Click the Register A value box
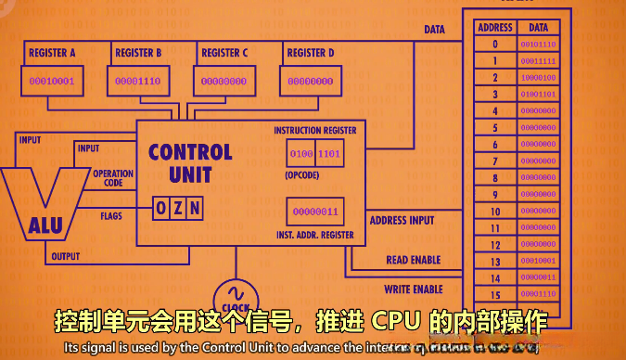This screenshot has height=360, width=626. pos(52,82)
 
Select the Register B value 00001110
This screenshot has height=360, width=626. pos(138,82)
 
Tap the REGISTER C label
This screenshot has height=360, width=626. pos(224,53)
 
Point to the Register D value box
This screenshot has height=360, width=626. pos(311,82)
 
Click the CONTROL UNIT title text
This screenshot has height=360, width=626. pos(190,162)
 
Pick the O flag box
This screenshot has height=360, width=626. pos(160,208)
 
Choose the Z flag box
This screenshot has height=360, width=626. pos(177,208)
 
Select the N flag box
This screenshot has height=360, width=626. pos(194,208)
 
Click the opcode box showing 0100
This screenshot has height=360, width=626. pos(302,153)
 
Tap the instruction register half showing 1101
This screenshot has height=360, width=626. pos(330,153)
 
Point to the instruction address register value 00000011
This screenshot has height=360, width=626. pos(316,212)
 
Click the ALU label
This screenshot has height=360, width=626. pos(45,224)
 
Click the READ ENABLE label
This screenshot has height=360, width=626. pos(413,261)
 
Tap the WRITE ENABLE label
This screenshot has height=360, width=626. pos(413,289)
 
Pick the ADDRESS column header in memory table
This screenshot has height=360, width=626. pos(495,28)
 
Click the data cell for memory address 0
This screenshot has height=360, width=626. pos(539,44)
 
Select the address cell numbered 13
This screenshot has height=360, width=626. pos(495,261)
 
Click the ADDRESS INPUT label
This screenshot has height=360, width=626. pos(402,221)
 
